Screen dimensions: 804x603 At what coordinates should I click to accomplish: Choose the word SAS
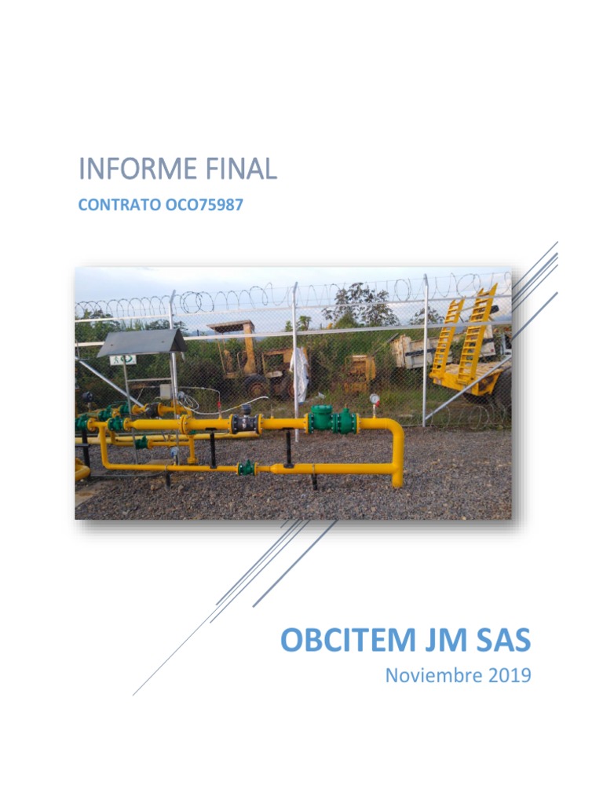click(501, 641)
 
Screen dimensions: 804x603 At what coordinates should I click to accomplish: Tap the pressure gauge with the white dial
click(375, 400)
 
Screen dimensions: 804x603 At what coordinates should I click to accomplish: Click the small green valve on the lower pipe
click(247, 467)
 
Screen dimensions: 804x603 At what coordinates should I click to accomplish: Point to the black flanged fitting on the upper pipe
click(245, 423)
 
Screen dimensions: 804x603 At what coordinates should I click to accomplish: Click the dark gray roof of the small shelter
click(143, 341)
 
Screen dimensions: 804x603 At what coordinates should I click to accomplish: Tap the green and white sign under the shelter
click(123, 359)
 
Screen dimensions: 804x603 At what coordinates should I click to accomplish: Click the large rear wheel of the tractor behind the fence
click(257, 386)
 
